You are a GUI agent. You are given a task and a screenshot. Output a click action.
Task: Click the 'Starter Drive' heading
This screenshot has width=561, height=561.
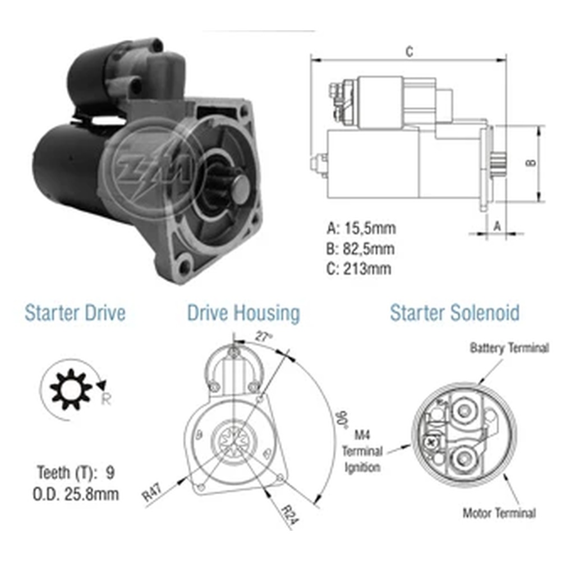[75, 312]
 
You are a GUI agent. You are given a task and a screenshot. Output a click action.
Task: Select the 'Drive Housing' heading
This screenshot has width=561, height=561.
[243, 314]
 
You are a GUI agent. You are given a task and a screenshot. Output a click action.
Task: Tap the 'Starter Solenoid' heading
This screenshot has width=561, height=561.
[454, 312]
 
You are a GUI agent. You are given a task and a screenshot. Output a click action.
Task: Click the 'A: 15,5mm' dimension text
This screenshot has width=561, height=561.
[361, 228]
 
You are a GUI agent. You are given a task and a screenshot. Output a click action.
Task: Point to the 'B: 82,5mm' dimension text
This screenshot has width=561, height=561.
[360, 249]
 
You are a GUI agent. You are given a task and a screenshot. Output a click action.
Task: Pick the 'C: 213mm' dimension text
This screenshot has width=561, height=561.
[358, 269]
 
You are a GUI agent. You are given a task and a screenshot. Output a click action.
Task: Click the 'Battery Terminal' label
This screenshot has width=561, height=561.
[509, 348]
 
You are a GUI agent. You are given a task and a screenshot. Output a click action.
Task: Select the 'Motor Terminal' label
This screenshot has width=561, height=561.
[499, 513]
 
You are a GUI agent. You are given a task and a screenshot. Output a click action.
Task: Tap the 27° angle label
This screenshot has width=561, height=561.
[264, 336]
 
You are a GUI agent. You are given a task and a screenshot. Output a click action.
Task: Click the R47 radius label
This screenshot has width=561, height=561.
[153, 493]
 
